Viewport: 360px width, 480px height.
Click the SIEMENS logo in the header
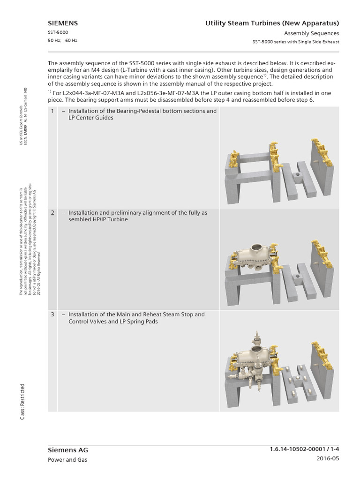(x=63, y=23)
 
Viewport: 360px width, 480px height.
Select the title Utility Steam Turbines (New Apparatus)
(x=272, y=23)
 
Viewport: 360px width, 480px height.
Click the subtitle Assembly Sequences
(x=311, y=33)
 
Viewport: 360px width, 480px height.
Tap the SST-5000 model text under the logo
(x=58, y=32)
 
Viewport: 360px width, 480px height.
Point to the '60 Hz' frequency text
(x=71, y=40)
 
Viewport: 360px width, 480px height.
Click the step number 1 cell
(x=53, y=111)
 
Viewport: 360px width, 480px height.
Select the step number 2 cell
(x=53, y=213)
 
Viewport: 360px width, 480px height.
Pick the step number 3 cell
(x=53, y=315)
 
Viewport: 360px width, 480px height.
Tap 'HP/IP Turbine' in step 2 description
(x=109, y=219)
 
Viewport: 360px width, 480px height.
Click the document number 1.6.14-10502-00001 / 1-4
(x=301, y=450)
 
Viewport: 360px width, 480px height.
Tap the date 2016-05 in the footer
(x=326, y=459)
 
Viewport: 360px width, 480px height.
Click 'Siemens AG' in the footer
(x=67, y=450)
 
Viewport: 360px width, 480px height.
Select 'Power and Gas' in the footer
(x=67, y=460)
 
